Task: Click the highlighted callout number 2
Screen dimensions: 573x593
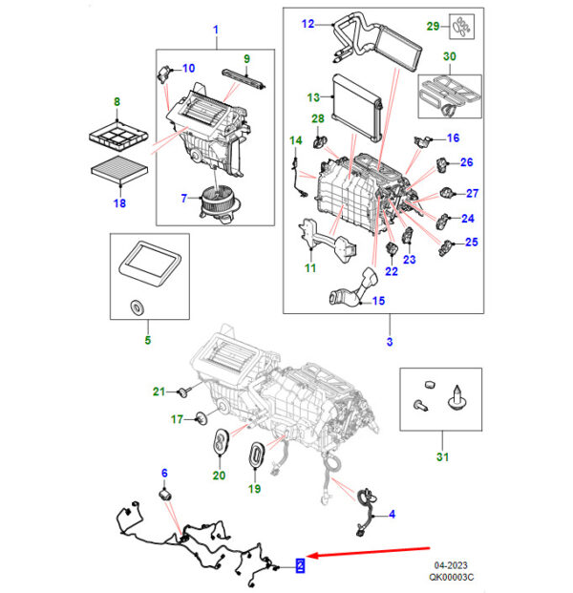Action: (300, 565)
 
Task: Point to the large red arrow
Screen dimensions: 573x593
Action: (368, 551)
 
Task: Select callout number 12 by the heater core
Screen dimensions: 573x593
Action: (308, 24)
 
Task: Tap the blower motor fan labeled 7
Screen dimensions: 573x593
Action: (219, 203)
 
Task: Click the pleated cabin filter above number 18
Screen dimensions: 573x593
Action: (119, 171)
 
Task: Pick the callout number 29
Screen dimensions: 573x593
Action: (433, 26)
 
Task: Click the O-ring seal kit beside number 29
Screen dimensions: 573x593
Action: (461, 27)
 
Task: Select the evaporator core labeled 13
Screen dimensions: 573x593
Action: (357, 108)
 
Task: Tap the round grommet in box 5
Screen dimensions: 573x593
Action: (137, 307)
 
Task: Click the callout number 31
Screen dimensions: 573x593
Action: (442, 456)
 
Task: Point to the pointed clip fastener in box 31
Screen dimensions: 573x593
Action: (457, 398)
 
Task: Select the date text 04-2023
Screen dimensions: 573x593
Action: (451, 565)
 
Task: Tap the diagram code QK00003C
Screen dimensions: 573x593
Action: (451, 577)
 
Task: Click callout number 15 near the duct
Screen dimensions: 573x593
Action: (378, 301)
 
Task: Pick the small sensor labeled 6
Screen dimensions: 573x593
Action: (165, 495)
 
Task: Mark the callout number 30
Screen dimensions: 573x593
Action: (449, 56)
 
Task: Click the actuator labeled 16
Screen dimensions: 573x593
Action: (421, 141)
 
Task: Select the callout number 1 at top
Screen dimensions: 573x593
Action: (216, 29)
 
